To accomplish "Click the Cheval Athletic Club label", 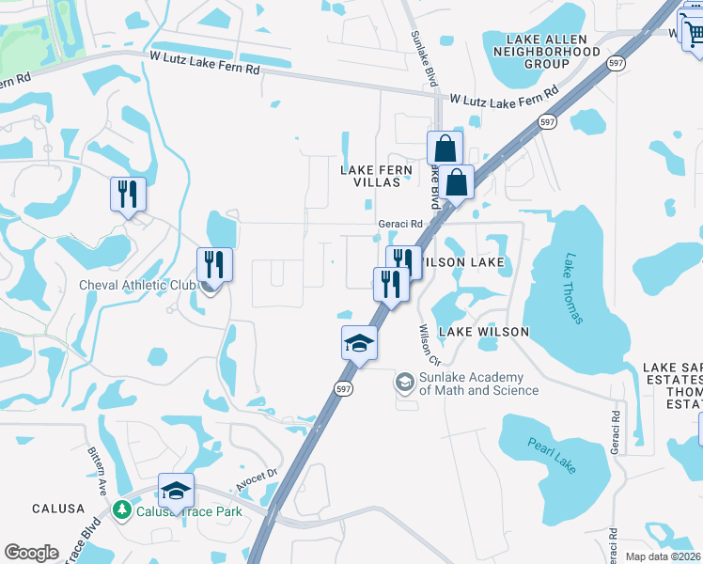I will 137,285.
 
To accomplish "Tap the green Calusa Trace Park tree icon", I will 121,509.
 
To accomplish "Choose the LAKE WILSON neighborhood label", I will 483,332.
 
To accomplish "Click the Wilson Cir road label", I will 429,345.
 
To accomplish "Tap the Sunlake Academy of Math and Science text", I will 478,384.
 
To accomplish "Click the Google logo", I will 32,553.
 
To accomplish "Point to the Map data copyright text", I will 663,556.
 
